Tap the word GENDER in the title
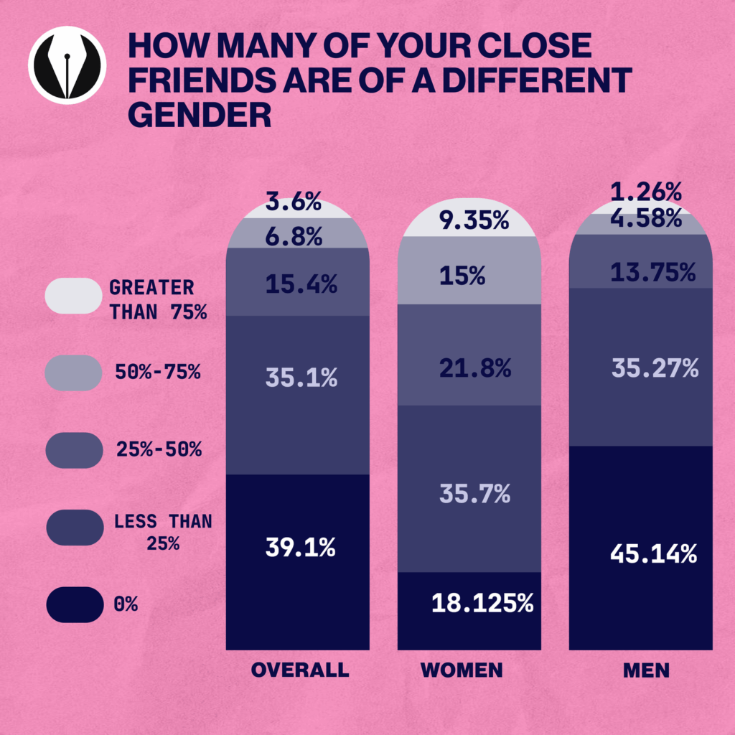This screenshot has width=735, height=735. click(199, 114)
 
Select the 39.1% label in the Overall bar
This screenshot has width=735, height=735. click(301, 548)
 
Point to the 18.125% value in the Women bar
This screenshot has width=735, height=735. click(482, 603)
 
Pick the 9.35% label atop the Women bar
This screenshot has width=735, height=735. click(472, 221)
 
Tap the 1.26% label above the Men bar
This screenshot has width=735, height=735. click(645, 192)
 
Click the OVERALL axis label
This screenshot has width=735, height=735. click(300, 670)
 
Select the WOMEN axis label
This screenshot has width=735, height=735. click(462, 670)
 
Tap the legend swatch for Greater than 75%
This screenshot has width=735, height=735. click(74, 296)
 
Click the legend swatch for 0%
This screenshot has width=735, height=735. click(74, 604)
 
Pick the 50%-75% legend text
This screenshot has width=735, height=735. click(157, 373)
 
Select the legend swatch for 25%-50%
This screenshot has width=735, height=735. click(74, 450)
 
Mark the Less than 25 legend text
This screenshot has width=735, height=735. click(163, 532)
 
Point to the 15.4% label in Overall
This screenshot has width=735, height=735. click(301, 285)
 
